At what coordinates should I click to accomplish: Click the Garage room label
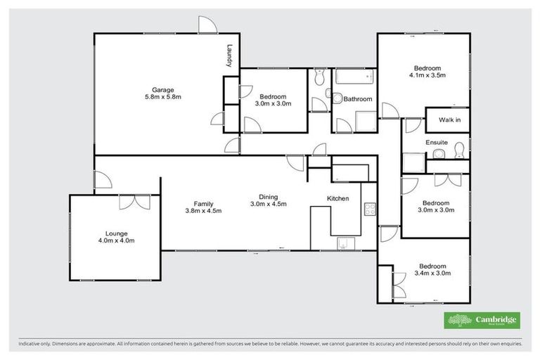pos(163,89)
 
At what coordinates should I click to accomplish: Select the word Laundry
pos(229,57)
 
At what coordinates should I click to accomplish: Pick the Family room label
pos(204,202)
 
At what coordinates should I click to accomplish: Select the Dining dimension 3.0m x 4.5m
pos(269,205)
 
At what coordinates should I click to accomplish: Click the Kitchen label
pos(338,199)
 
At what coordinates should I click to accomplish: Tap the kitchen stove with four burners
pos(369,209)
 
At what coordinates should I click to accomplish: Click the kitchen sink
pos(345,243)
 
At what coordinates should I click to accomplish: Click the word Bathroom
pos(357,99)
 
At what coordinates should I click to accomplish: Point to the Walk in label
pos(449,120)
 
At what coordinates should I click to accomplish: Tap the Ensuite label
pos(437,143)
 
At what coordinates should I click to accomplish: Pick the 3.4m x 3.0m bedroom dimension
pos(432,274)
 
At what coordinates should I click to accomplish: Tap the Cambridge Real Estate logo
pos(482,320)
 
